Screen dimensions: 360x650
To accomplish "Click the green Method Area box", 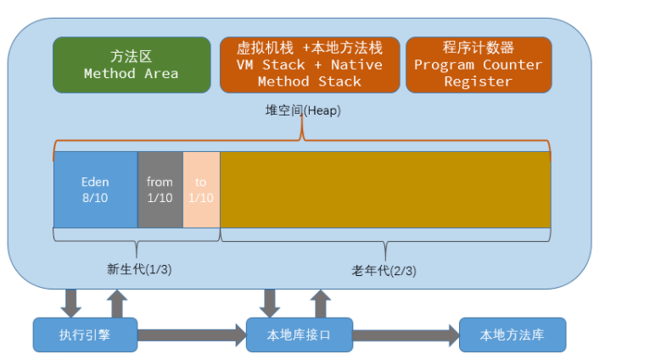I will tap(132, 65).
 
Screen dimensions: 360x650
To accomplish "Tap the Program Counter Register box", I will tap(478, 65).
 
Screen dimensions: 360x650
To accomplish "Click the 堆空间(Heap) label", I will tap(303, 110).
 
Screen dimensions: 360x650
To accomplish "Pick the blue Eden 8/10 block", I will tap(95, 189).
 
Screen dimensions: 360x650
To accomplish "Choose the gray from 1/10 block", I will tap(160, 189).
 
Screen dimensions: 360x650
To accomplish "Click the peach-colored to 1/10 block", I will tap(201, 189).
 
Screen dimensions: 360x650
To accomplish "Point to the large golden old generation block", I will tap(384, 189).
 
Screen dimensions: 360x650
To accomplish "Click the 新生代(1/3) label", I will tap(139, 269).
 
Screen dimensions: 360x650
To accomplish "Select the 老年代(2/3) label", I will tap(384, 270).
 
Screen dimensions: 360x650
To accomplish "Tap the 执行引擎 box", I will tap(85, 335).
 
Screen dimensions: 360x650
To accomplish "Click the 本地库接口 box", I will tap(299, 335).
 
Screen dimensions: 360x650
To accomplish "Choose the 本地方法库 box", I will tap(512, 335).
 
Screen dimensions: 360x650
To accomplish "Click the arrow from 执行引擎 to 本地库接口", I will tap(191, 335).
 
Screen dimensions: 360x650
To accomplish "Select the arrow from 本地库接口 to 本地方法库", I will tap(405, 335).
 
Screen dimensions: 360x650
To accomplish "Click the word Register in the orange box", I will tap(478, 82).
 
